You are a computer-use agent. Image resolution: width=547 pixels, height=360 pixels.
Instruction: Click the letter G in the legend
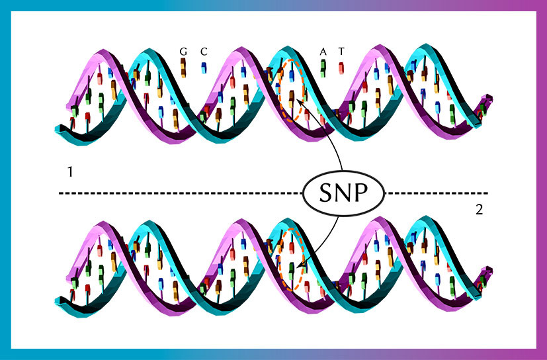[x=183, y=52]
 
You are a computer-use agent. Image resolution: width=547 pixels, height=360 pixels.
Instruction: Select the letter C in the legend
[x=204, y=52]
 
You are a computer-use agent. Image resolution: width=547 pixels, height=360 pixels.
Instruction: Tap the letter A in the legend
[x=323, y=52]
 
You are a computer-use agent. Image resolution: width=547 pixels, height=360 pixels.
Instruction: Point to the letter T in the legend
[x=341, y=52]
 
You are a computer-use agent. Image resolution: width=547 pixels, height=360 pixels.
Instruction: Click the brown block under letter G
[x=183, y=67]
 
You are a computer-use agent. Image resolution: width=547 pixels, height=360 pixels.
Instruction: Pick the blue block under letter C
[x=204, y=67]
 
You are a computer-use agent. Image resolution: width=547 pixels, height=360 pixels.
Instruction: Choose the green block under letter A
[x=323, y=68]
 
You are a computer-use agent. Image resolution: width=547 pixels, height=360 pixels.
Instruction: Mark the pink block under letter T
[x=341, y=68]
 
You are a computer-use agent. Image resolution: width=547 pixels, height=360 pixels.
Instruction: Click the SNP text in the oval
[x=344, y=193]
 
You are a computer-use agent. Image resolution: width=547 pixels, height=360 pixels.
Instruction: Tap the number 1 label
[x=70, y=172]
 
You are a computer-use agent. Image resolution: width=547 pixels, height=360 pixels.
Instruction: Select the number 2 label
[x=480, y=210]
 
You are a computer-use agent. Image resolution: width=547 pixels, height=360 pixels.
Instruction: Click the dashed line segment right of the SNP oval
[x=438, y=193]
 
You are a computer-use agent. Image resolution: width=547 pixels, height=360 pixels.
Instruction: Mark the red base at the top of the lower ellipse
[x=292, y=248]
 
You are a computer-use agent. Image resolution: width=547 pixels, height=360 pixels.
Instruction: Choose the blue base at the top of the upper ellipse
[x=292, y=76]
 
